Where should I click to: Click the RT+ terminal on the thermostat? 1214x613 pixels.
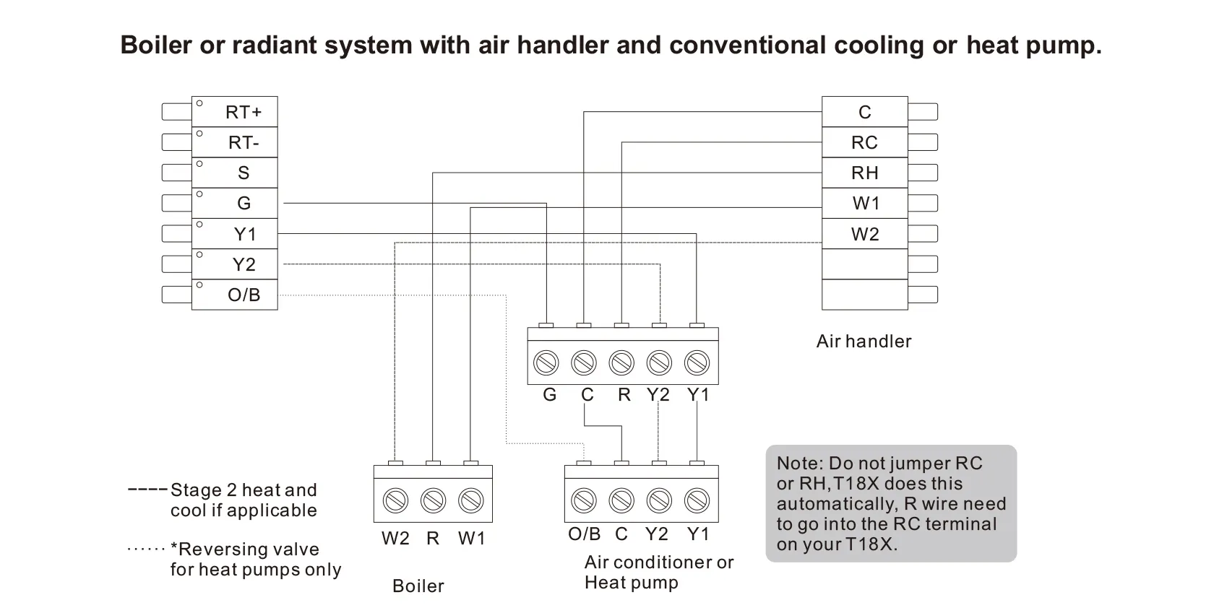click(x=243, y=112)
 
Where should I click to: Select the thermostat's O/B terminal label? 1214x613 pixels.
click(x=243, y=295)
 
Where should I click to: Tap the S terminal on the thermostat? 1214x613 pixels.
click(x=243, y=173)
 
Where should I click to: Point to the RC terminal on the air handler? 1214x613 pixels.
click(x=864, y=142)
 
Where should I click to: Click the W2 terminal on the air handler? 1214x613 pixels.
click(x=864, y=234)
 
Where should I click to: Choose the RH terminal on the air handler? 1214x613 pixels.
click(x=864, y=173)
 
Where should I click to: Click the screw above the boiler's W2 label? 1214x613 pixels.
click(x=395, y=500)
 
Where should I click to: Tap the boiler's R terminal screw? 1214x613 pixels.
click(x=433, y=500)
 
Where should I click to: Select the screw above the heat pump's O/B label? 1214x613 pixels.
click(x=584, y=500)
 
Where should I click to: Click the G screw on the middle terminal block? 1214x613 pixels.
click(x=546, y=362)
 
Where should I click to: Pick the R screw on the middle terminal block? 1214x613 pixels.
click(x=621, y=362)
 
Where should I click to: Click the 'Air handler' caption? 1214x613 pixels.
click(x=864, y=341)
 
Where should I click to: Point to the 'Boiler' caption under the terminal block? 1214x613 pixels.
click(x=418, y=586)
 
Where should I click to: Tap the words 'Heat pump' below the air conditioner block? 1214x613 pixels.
click(x=631, y=583)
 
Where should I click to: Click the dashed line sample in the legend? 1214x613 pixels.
click(x=147, y=490)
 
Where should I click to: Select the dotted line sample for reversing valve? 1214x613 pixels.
click(x=146, y=549)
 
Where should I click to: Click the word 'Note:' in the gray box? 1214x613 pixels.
click(x=799, y=464)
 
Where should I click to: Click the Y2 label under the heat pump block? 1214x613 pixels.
click(x=656, y=534)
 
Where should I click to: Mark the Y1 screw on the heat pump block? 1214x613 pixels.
click(x=697, y=500)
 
